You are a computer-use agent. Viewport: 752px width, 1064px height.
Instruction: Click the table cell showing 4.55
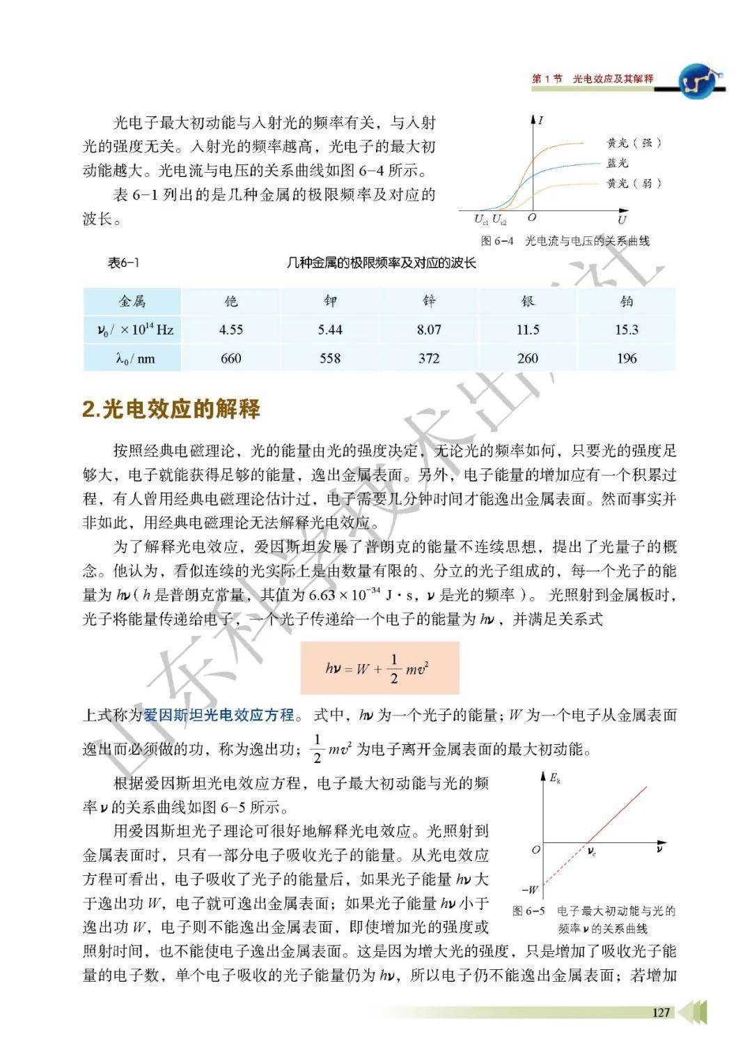pyautogui.click(x=231, y=330)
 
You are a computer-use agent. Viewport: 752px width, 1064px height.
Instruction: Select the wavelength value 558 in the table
pyautogui.click(x=330, y=358)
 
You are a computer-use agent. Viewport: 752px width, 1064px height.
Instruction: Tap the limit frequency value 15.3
pyautogui.click(x=627, y=330)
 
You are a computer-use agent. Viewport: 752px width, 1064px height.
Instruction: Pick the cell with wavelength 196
pyautogui.click(x=627, y=358)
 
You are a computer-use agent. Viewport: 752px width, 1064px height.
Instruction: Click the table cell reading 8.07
pyautogui.click(x=429, y=330)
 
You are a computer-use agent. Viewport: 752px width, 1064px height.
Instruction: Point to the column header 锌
pyautogui.click(x=429, y=301)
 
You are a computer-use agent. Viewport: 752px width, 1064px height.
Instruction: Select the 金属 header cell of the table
pyautogui.click(x=132, y=301)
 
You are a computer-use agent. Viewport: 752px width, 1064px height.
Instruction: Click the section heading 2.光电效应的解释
pyautogui.click(x=171, y=409)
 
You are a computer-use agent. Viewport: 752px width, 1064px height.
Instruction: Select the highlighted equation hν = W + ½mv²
pyautogui.click(x=379, y=668)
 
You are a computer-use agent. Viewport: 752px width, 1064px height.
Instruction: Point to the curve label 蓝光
pyautogui.click(x=617, y=162)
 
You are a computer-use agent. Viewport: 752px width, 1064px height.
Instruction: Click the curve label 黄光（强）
pyautogui.click(x=633, y=143)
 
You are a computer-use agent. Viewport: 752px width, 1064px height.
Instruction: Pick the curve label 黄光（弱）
pyautogui.click(x=633, y=183)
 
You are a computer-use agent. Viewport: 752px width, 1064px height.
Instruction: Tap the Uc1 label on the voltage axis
pyautogui.click(x=481, y=219)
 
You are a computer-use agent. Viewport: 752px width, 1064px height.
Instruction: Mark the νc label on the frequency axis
pyautogui.click(x=591, y=851)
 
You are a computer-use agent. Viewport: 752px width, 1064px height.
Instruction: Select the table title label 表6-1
pyautogui.click(x=124, y=263)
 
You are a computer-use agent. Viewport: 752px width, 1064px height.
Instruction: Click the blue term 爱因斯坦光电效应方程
pyautogui.click(x=219, y=716)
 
